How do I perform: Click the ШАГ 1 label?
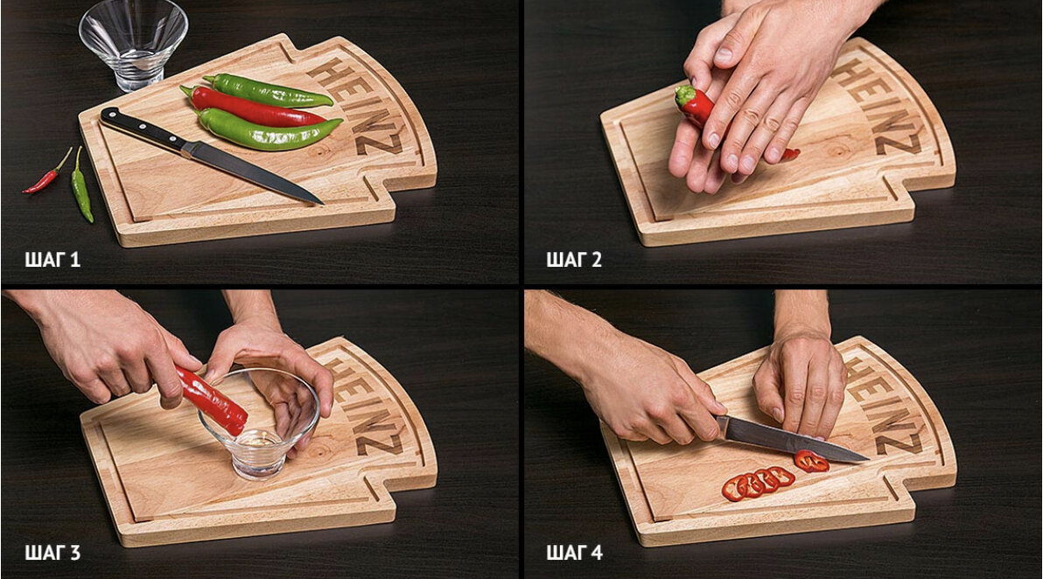(52, 260)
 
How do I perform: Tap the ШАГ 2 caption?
(574, 260)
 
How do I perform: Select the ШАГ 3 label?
(52, 553)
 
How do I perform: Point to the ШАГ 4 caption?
(574, 553)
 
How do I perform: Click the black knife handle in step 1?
(141, 129)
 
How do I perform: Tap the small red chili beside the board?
(47, 174)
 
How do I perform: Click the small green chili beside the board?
(81, 186)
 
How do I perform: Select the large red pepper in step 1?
(253, 108)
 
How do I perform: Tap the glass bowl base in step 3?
(259, 460)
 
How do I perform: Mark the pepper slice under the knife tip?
(812, 461)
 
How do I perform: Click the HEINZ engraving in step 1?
(358, 106)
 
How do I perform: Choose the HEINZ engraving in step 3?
(367, 406)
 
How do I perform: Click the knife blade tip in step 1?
(322, 203)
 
